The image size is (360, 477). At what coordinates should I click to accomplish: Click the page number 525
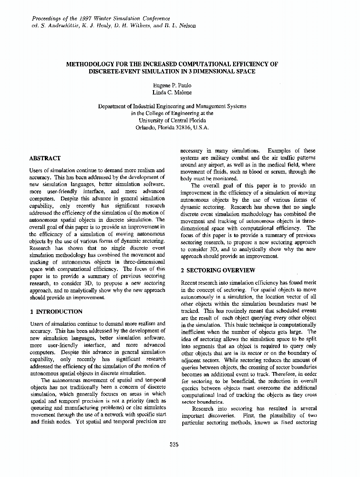point(174,445)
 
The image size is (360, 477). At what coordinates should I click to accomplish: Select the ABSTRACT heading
point(45,158)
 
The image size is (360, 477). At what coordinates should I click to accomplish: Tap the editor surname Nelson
point(186,25)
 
